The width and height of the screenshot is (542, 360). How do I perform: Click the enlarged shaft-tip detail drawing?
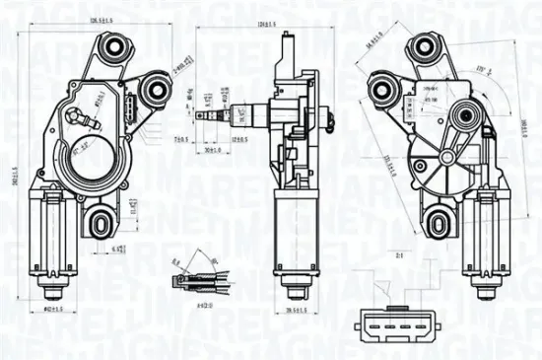point(203,279)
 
